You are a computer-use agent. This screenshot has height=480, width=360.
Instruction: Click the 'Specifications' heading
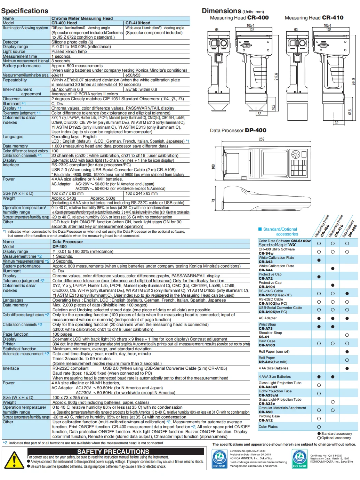point(25,11)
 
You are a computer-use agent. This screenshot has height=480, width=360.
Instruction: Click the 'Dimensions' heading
point(222,11)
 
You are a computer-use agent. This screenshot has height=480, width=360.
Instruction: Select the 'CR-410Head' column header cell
point(138,23)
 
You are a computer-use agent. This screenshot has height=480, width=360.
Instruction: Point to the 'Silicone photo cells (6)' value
point(72,42)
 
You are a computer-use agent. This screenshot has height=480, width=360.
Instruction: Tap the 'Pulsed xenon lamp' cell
point(69,51)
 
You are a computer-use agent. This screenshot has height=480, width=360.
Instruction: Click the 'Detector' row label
point(11,42)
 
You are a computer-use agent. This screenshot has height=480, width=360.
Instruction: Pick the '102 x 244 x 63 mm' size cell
point(142,193)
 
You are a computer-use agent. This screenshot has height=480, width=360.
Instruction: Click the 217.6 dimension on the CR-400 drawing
point(276,77)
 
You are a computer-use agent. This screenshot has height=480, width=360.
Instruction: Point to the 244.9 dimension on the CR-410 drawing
point(353,82)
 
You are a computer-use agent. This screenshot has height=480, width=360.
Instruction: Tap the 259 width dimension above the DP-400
point(262,139)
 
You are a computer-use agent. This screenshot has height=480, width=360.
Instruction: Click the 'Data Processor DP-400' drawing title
point(238,130)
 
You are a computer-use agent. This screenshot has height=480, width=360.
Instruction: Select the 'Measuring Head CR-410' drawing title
point(314,18)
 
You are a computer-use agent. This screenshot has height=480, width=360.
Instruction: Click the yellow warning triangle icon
point(14,460)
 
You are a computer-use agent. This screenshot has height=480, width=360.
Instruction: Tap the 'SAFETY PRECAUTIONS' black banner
point(113,451)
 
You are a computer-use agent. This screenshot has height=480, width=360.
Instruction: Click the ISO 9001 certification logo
point(219,458)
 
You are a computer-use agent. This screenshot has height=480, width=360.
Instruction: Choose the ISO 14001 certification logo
point(299,458)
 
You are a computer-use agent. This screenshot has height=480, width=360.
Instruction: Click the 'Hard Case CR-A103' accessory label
point(267,343)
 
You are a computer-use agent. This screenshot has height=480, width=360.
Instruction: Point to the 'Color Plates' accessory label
point(268,427)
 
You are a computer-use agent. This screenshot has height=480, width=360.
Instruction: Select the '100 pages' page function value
point(62,334)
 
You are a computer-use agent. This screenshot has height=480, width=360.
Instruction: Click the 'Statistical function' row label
point(19,349)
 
